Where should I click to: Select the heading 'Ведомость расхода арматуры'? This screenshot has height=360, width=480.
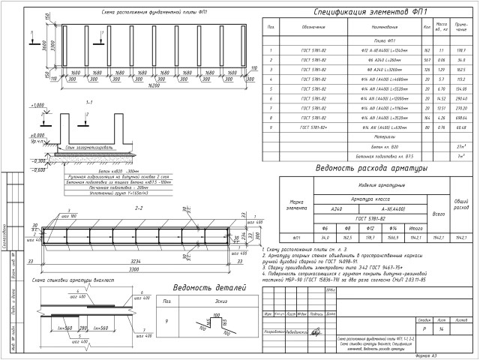point(370,168)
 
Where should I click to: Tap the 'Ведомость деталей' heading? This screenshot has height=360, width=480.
point(190,288)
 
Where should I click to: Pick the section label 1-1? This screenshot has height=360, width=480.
point(89,100)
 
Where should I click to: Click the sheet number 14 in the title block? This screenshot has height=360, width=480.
point(442,328)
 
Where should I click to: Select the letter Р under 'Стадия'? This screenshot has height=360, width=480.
point(424,328)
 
